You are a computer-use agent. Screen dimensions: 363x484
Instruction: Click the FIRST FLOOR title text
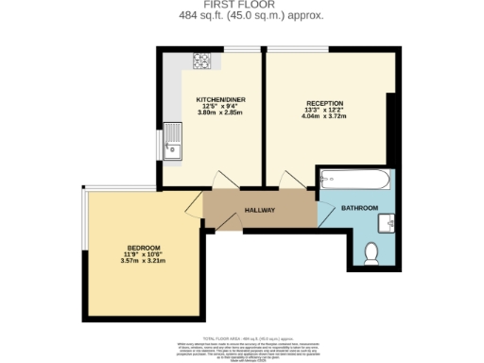(x=241, y=6)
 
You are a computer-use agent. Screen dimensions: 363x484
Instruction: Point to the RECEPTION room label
(x=324, y=103)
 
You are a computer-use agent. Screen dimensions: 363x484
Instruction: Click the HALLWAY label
(x=259, y=210)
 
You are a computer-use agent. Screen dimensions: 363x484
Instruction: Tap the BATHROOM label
(x=359, y=208)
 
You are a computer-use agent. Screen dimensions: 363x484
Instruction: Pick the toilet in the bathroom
(x=372, y=252)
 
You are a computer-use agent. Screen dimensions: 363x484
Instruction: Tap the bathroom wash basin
(x=389, y=223)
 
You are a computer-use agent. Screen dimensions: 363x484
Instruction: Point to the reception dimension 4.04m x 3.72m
(x=324, y=116)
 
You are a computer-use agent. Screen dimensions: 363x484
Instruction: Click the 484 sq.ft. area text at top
(x=242, y=16)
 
